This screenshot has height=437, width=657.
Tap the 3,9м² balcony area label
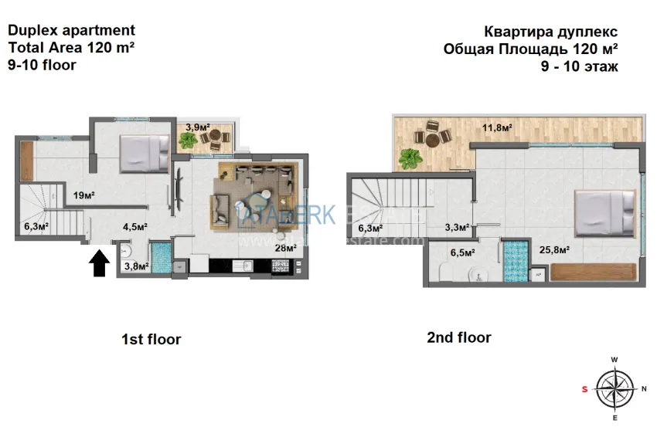tap(199, 127)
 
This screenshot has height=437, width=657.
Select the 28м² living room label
tap(285, 248)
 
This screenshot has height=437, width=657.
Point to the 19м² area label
tap(83, 195)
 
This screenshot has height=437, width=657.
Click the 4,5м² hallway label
tap(136, 227)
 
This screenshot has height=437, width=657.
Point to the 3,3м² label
tap(458, 227)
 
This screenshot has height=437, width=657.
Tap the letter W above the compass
tap(614, 360)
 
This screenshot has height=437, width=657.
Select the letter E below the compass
tap(614, 418)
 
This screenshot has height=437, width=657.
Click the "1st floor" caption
tap(151, 339)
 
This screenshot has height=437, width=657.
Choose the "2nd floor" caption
tap(458, 337)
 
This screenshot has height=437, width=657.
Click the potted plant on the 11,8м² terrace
tap(410, 158)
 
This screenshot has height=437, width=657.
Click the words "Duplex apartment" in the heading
tap(71, 31)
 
